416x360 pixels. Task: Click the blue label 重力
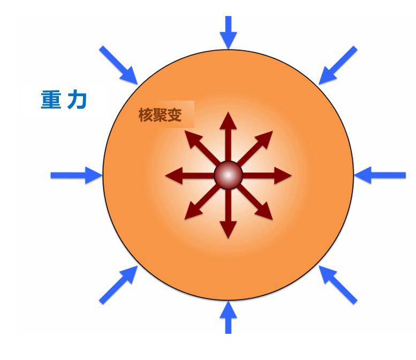[x=64, y=99]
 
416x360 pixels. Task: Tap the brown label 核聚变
[x=160, y=115]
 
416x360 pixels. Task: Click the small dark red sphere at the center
[x=228, y=175]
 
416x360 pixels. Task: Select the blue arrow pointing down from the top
[x=228, y=32]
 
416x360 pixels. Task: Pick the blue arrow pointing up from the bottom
[x=228, y=317]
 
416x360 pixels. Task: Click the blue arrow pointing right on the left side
[x=77, y=175]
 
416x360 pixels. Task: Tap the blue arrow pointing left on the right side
[x=380, y=175]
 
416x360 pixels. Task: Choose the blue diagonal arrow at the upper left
[x=118, y=65]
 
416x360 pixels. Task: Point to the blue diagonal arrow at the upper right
[x=338, y=65]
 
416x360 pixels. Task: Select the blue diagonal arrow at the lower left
[x=118, y=285]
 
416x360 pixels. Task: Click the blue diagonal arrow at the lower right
[x=338, y=285]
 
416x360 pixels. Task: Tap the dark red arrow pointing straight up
[x=228, y=136]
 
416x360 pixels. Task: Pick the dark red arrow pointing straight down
[x=228, y=213]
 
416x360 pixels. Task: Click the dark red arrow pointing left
[x=190, y=175]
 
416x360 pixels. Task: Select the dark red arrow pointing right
[x=267, y=175]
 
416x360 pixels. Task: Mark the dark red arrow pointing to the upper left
[x=202, y=149]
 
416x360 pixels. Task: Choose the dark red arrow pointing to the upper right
[x=255, y=149]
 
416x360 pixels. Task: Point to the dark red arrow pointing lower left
[x=202, y=202]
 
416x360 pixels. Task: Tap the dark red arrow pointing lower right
[x=255, y=202]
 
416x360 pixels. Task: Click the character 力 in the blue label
[x=77, y=100]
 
